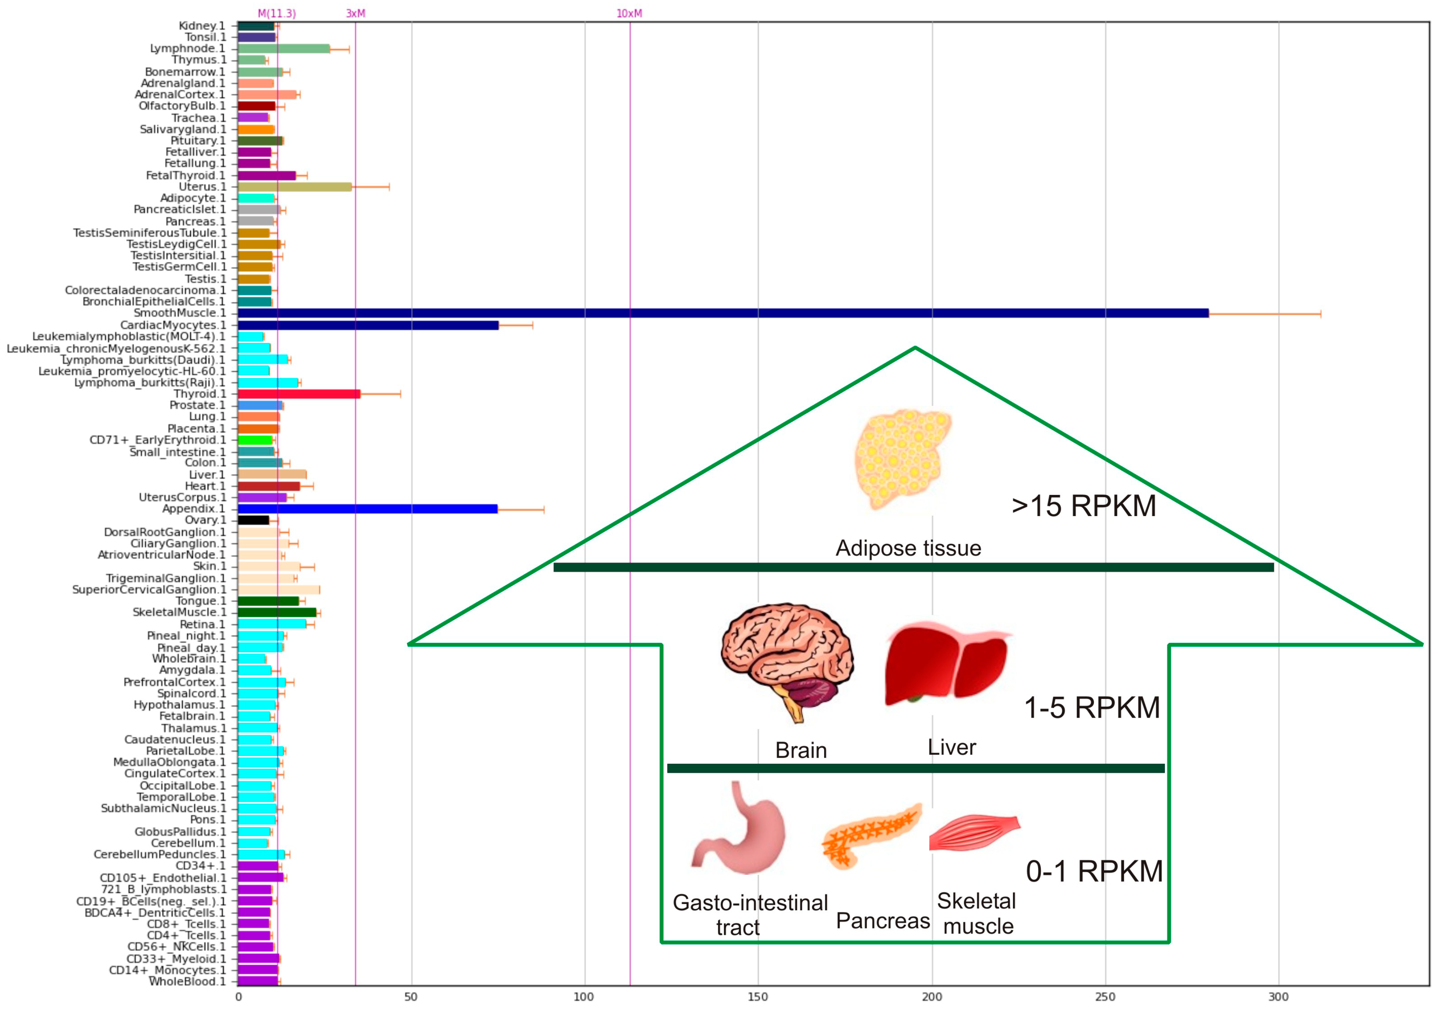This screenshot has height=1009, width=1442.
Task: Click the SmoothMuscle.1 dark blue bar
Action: tap(722, 313)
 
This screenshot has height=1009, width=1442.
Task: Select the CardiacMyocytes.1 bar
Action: tap(368, 325)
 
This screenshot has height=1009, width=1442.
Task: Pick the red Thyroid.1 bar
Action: tap(299, 394)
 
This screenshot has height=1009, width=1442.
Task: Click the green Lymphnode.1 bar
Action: tap(284, 48)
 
